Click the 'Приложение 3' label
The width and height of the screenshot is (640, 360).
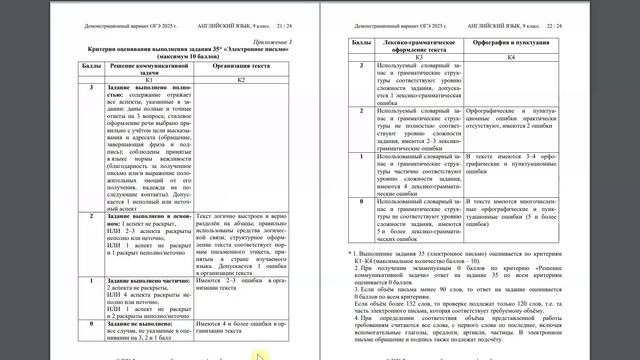coord(283,43)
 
